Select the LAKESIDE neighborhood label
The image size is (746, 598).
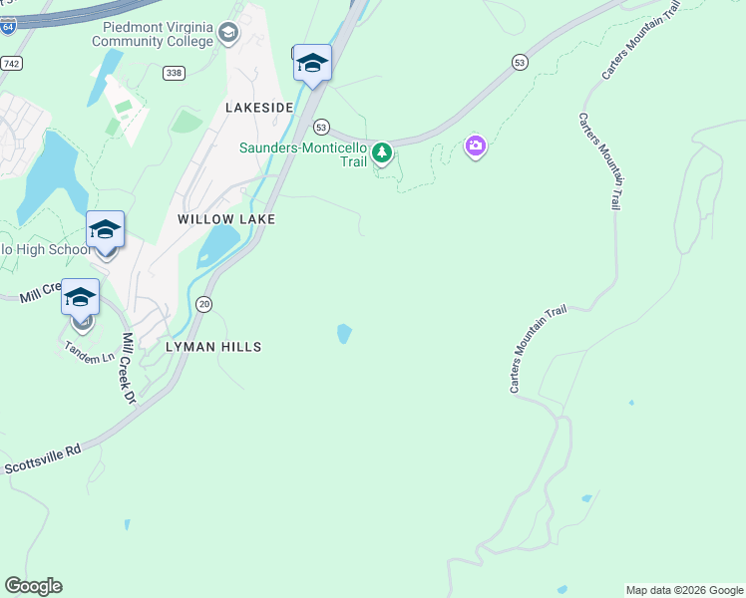pos(259,107)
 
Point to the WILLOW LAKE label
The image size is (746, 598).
pos(226,218)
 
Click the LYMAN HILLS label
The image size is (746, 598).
pos(214,347)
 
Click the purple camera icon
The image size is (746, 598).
pos(476,148)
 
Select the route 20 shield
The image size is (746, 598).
pos(203,304)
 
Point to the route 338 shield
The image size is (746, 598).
pos(175,73)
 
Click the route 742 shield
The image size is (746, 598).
pos(11,63)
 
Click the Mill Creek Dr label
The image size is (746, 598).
pos(129,368)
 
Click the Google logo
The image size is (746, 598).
pos(33,586)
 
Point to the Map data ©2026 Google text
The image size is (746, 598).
pos(684,590)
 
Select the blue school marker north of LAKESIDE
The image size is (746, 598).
pos(312,64)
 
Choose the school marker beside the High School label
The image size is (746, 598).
pos(105,230)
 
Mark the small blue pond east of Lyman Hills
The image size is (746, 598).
pos(344,333)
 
